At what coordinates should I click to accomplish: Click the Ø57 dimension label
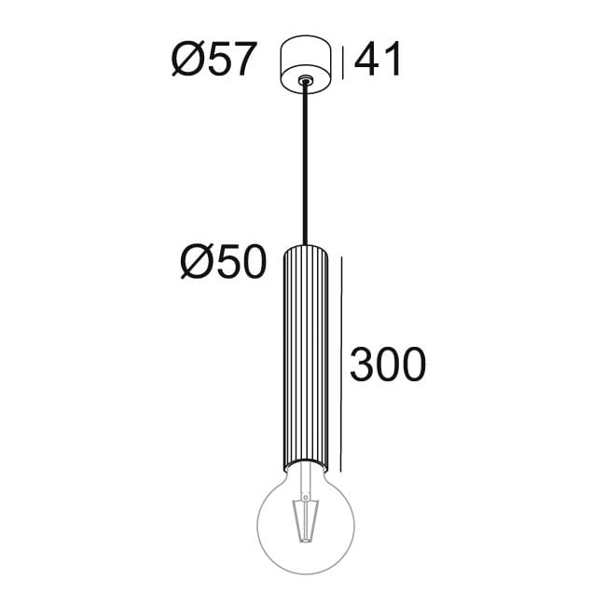click(213, 62)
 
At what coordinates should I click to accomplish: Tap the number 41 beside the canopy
click(379, 62)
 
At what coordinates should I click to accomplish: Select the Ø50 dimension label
click(224, 265)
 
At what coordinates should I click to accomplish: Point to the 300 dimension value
click(388, 365)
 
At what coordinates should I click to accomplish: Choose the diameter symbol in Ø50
click(197, 265)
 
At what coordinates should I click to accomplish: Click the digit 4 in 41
click(367, 62)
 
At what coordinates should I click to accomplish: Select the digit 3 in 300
click(363, 365)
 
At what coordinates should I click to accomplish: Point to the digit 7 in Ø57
click(241, 62)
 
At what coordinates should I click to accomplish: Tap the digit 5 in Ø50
click(227, 265)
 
